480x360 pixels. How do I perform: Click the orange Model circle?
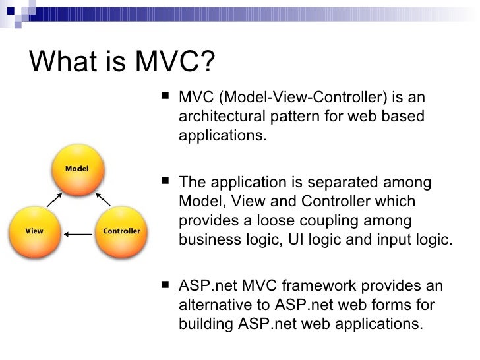tap(77, 169)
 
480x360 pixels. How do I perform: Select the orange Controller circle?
tap(121, 231)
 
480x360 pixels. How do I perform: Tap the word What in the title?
tap(61, 63)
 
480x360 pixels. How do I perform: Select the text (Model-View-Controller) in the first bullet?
tap(303, 98)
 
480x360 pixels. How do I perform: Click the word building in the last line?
tap(202, 324)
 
